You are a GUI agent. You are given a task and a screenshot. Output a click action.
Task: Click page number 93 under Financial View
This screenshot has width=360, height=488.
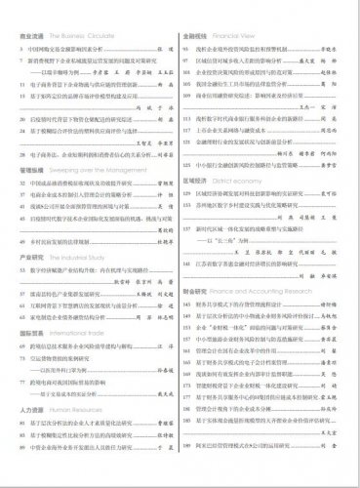coord(187,46)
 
